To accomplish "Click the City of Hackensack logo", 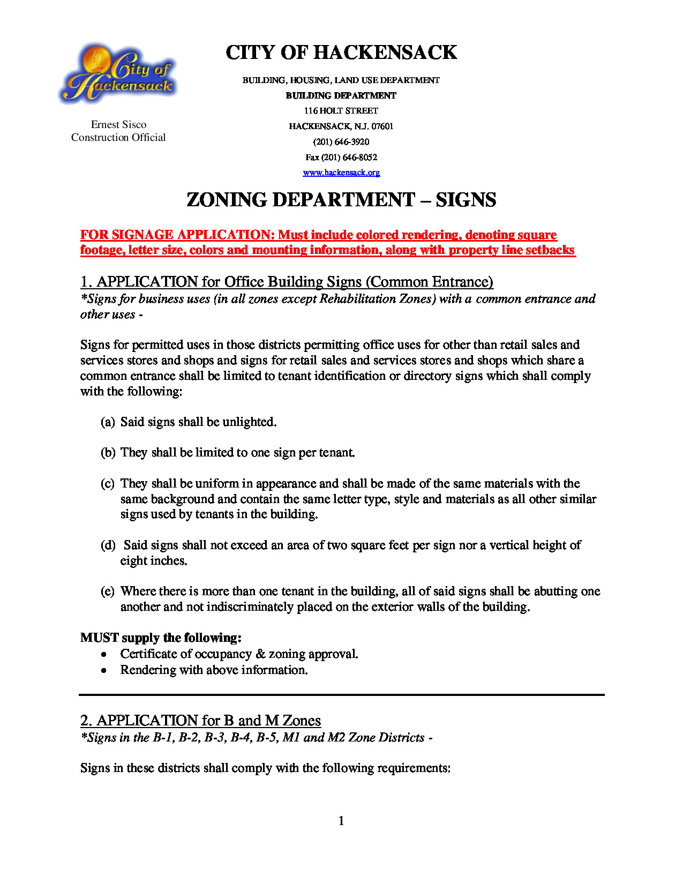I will pos(118,74).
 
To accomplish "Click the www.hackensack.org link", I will pos(341,173).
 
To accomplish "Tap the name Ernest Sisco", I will pos(118,125).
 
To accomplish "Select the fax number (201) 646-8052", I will pos(349,158).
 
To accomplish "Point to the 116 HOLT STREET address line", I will pos(341,111).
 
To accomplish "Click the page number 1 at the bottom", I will pos(341,821).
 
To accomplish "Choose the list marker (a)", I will pos(108,422).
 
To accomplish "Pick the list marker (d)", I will pos(108,545).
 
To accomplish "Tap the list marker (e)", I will pos(108,591).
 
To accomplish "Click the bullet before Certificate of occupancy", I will pos(104,655).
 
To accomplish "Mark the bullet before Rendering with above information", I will pos(104,671).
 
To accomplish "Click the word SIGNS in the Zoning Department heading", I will pos(466,200).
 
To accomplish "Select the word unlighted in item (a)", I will pos(249,422).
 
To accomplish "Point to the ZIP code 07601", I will pos(382,126).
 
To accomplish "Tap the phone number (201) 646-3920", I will pos(341,142).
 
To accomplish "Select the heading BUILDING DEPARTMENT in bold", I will pos(341,95).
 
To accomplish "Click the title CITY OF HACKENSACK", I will pos(341,53).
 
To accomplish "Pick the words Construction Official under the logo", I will pos(118,138).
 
